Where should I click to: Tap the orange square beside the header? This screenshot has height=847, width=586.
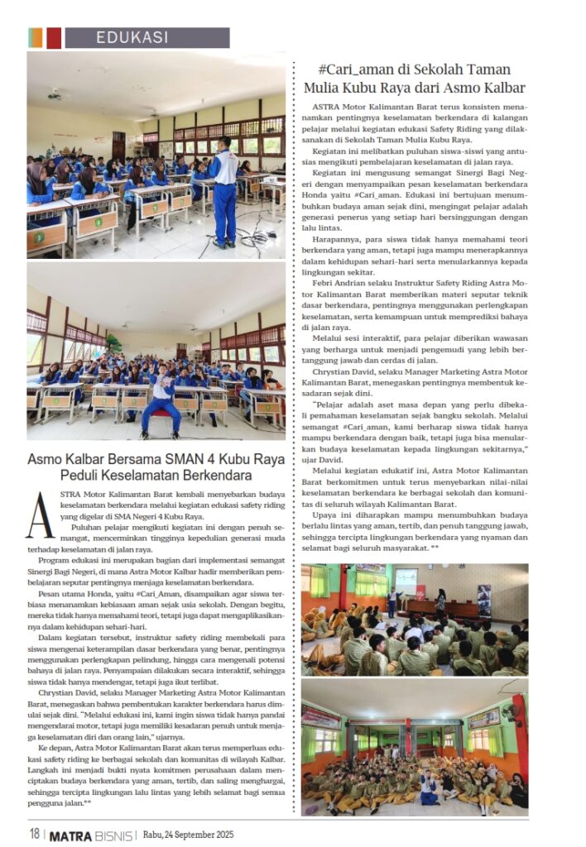tap(35, 37)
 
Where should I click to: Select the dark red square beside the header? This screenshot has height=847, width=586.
tap(54, 37)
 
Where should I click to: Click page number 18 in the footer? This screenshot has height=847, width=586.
tap(34, 834)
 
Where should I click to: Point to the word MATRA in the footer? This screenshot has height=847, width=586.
tap(70, 834)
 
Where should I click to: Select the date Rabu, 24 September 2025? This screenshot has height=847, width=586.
tap(189, 834)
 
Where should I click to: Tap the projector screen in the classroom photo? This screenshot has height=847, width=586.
tap(406, 581)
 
